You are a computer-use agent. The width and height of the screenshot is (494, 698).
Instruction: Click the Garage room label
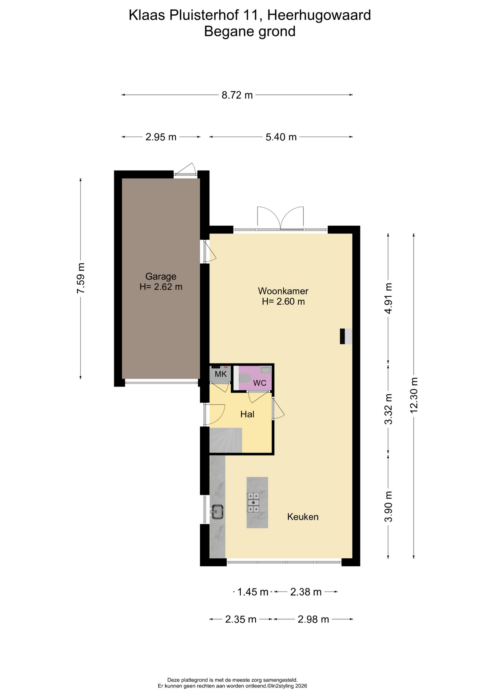161,276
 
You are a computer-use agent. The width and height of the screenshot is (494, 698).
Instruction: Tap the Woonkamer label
283,291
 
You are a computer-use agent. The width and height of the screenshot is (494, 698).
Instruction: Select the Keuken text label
303,517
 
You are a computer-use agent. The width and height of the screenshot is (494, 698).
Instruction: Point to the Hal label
247,414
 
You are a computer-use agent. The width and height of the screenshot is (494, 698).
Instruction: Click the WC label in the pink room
260,383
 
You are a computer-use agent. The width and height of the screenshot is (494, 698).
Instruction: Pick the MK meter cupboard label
221,374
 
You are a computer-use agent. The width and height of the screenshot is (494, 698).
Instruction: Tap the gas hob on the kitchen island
254,502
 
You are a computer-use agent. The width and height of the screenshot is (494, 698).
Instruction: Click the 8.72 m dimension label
237,95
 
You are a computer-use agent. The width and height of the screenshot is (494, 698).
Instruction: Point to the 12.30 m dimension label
414,395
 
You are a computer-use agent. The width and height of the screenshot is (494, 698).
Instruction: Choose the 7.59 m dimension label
81,278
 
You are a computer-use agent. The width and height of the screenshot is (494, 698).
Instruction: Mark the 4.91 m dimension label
389,298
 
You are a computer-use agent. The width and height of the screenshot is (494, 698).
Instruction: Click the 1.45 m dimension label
253,592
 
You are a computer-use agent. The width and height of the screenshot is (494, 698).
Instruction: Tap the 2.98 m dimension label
313,619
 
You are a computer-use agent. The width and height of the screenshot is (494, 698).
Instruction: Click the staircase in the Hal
226,440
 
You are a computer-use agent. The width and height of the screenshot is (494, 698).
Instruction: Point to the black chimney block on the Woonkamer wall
342,336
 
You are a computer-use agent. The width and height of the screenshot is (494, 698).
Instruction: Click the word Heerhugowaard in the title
319,15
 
